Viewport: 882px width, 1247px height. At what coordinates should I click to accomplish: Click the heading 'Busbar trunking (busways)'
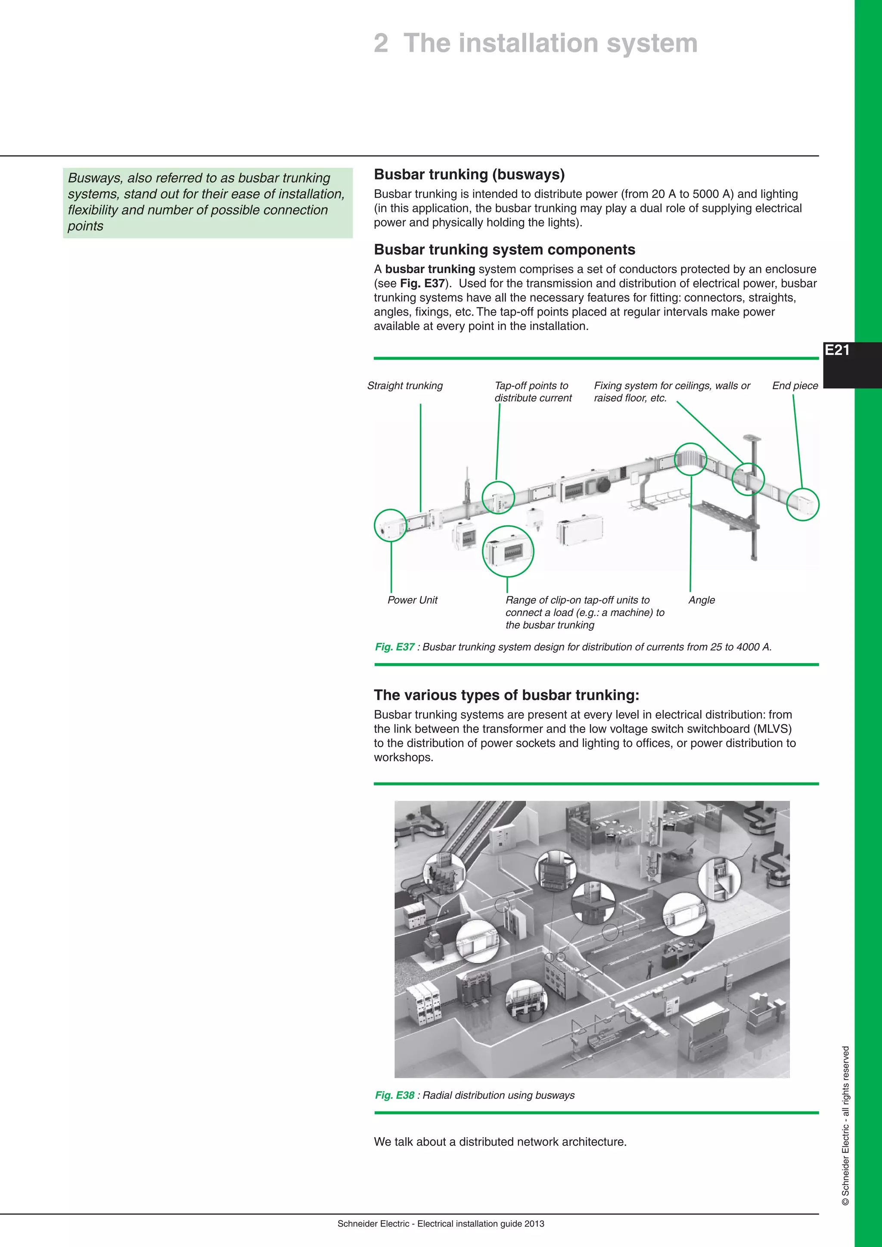(469, 174)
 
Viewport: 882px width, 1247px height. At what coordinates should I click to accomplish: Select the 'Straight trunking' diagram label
(405, 386)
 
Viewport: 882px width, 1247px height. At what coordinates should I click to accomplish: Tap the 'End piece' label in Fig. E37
(795, 386)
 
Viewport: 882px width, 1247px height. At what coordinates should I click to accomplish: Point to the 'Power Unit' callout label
(412, 600)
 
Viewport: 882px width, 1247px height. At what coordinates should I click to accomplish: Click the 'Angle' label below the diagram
(701, 600)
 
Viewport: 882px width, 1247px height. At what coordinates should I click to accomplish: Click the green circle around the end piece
(803, 504)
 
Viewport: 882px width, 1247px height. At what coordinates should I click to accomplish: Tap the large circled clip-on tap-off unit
(508, 551)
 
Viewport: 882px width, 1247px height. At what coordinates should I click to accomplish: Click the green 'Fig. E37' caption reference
(395, 647)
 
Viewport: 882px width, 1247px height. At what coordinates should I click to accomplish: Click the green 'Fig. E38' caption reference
(395, 1095)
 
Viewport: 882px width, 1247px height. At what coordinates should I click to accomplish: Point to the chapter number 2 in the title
(381, 43)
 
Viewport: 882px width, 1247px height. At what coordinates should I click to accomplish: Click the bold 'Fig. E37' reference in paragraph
(422, 283)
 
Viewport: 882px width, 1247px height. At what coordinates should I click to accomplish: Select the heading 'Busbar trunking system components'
(505, 249)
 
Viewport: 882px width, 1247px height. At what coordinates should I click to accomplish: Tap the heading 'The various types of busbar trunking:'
(506, 695)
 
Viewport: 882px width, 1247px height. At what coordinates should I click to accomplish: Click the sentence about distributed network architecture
(500, 1142)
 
